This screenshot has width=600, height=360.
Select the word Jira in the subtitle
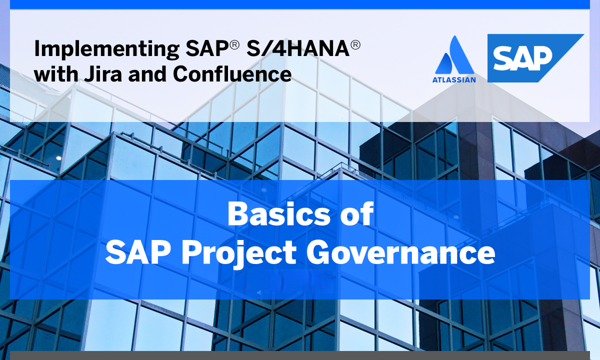pyautogui.click(x=103, y=74)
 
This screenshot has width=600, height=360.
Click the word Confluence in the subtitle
pyautogui.click(x=232, y=74)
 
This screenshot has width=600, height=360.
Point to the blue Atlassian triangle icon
pyautogui.click(x=454, y=55)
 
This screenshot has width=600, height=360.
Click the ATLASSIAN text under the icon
pyautogui.click(x=454, y=78)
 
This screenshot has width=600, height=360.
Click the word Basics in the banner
pyautogui.click(x=272, y=214)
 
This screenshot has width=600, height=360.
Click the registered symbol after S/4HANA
pyautogui.click(x=355, y=44)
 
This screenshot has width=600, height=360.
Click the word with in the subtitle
pyautogui.click(x=55, y=74)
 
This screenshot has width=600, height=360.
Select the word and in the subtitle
pyautogui.click(x=149, y=74)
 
